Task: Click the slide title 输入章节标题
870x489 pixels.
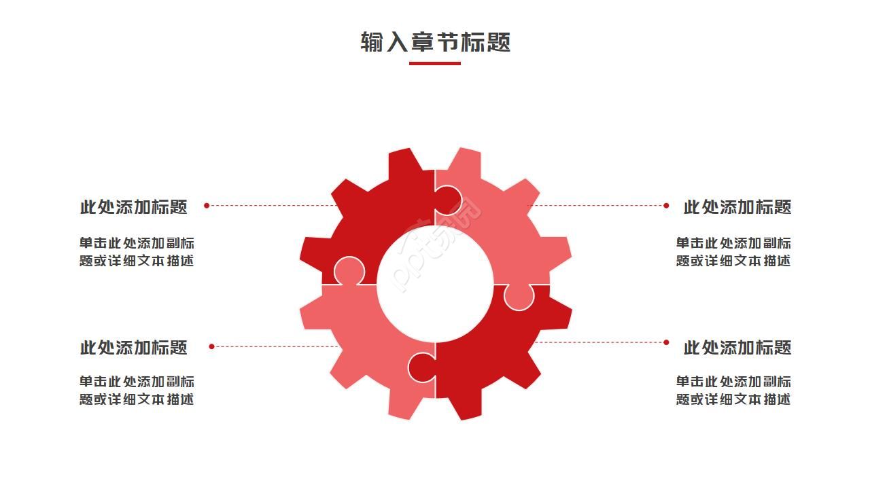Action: [435, 42]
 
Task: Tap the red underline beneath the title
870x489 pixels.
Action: [435, 63]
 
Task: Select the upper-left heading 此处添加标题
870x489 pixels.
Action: [134, 207]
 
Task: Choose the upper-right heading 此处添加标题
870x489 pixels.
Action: [737, 207]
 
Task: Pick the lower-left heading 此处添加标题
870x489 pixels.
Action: [134, 348]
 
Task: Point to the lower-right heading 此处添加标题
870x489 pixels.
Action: [737, 348]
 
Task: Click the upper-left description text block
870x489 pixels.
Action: [137, 252]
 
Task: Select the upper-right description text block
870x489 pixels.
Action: [733, 252]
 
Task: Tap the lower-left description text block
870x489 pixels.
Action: [137, 391]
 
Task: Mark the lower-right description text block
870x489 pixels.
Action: [733, 391]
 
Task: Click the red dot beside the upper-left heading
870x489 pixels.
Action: [207, 205]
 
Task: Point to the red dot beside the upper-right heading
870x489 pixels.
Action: [666, 205]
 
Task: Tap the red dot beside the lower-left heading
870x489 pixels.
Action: [211, 346]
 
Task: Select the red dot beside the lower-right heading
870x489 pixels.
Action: [666, 342]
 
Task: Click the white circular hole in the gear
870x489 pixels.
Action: [435, 283]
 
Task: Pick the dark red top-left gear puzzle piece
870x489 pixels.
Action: [381, 211]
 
